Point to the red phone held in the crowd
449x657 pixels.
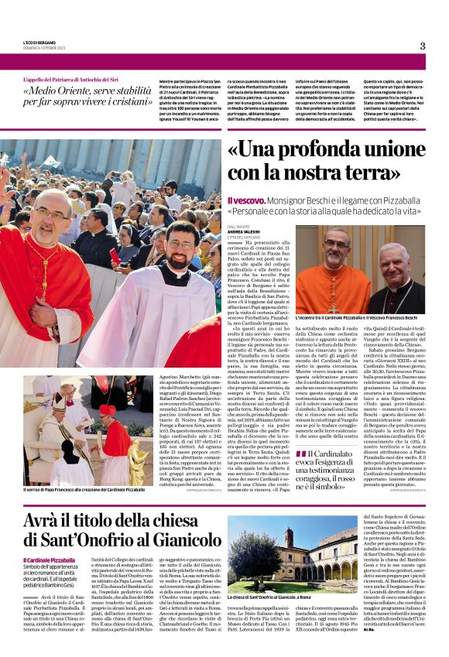pos(115,256)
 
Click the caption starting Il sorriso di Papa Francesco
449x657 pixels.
pos(84,490)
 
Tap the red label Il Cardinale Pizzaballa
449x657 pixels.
pos(50,559)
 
